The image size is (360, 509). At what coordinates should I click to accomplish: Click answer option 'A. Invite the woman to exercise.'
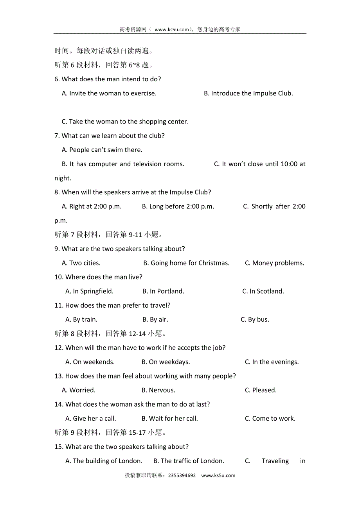tap(109, 93)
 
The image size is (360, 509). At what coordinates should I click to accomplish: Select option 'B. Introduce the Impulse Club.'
tap(248, 93)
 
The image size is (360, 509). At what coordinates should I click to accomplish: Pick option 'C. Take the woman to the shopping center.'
tap(125, 122)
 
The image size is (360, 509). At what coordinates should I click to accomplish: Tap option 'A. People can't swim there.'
tap(102, 150)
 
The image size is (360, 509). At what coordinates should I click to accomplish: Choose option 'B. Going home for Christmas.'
tap(186, 263)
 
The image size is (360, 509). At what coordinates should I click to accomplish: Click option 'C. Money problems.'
tap(274, 263)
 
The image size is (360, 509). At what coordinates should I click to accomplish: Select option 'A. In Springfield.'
tap(90, 291)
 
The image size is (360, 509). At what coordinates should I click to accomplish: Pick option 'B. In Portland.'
tap(163, 291)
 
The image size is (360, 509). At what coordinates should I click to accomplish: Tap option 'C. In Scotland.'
tap(263, 291)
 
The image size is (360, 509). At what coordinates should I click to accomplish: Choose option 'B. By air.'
tap(155, 319)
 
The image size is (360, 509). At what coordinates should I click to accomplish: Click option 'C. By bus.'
tap(255, 319)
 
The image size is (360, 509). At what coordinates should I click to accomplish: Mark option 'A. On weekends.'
tap(90, 362)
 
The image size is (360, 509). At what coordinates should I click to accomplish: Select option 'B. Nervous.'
tap(158, 390)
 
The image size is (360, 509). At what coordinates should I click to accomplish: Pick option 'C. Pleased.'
tap(261, 390)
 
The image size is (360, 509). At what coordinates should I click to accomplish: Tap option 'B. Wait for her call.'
tap(170, 418)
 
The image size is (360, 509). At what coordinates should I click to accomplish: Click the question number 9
tap(57, 249)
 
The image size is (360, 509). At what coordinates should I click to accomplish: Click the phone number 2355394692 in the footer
tap(182, 476)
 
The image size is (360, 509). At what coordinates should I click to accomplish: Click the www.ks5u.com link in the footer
tap(218, 476)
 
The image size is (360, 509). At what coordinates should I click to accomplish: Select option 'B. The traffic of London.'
tap(189, 461)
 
